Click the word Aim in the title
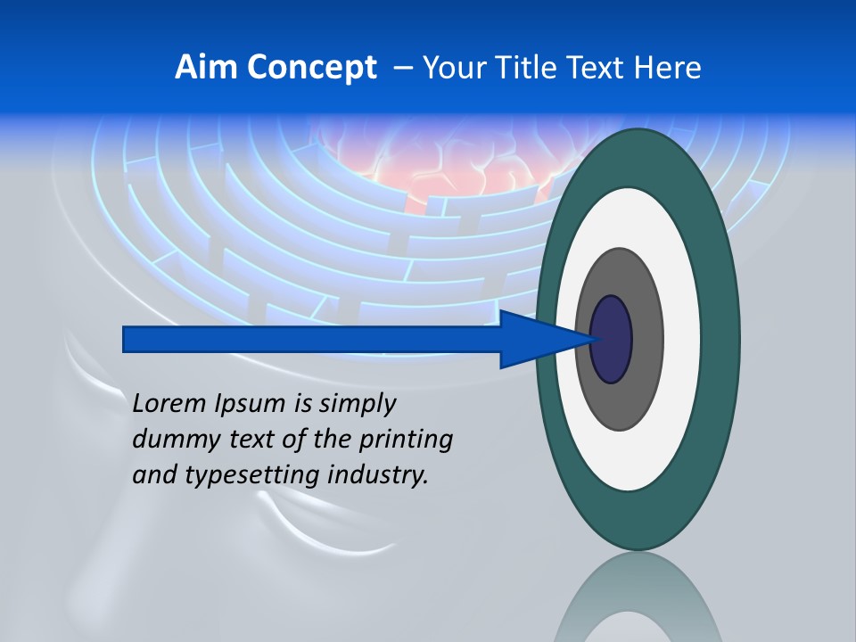(x=201, y=68)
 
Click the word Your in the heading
(x=451, y=68)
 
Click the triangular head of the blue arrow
(x=535, y=339)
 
